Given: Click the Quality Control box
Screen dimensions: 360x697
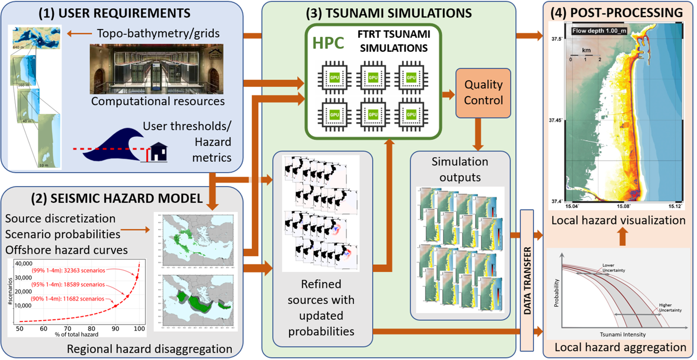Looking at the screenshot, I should (484, 92).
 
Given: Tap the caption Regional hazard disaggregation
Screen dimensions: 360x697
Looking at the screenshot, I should (150, 348).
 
